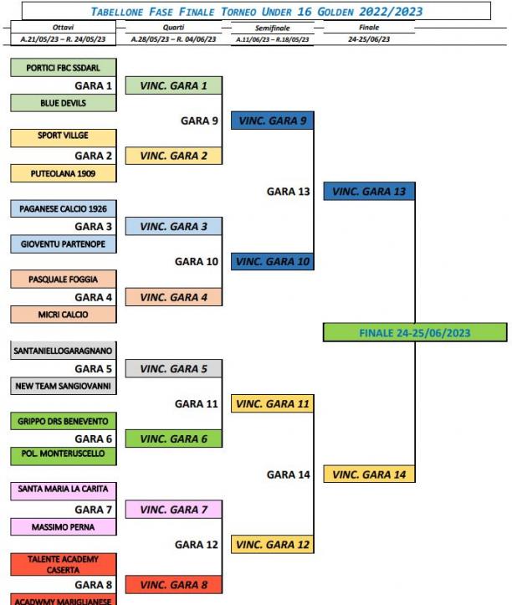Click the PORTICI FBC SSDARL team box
click(64, 68)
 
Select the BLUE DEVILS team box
click(64, 103)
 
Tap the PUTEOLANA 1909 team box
click(64, 173)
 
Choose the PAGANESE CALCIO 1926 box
click(64, 208)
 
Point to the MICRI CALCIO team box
click(64, 315)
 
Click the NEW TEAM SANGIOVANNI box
click(64, 386)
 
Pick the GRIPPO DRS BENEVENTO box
click(64, 421)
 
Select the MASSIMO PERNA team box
click(64, 526)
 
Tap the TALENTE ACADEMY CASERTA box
click(64, 565)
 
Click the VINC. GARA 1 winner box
click(174, 85)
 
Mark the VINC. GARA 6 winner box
click(174, 438)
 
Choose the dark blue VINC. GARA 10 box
click(273, 262)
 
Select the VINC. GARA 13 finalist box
click(369, 192)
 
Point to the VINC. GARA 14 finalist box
click(369, 474)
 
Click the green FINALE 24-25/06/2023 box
click(415, 332)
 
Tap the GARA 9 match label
click(199, 120)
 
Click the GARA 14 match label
click(289, 474)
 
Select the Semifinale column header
click(273, 28)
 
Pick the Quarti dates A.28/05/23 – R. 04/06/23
click(174, 39)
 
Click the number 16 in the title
click(305, 12)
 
